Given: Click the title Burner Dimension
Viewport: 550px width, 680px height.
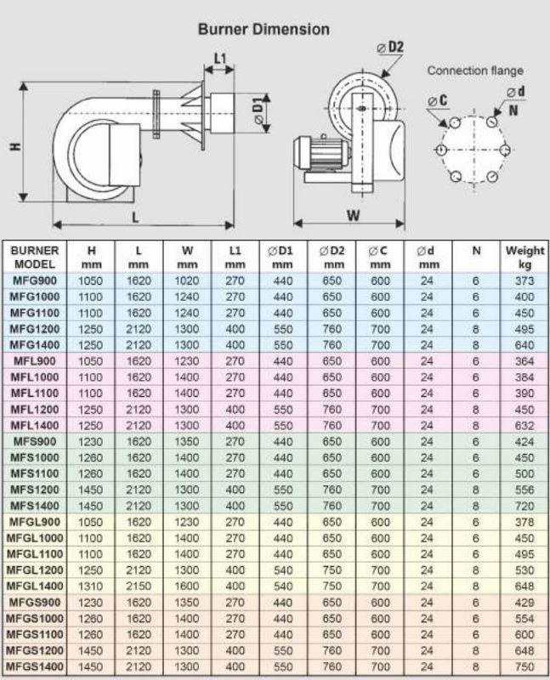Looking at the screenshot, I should (264, 30).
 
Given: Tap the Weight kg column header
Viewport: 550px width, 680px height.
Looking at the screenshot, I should (524, 258).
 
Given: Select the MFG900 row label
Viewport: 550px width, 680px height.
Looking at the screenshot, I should (36, 280).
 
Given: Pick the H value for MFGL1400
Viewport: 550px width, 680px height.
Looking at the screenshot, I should (92, 586).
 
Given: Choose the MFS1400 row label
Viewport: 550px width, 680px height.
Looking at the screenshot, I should (36, 505).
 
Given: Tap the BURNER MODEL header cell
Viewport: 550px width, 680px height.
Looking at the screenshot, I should (36, 258).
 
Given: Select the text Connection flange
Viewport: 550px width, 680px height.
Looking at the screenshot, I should (474, 71).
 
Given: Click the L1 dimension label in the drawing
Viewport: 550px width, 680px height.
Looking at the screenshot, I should (219, 59).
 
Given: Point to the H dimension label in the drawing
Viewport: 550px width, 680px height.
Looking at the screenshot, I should (15, 146).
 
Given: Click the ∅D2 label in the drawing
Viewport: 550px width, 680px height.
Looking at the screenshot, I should (392, 44).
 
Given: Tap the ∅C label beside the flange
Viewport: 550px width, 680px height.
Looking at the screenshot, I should (439, 100).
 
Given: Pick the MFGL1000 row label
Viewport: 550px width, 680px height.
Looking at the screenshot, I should (36, 537).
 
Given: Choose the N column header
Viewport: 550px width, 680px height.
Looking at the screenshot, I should (476, 251).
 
